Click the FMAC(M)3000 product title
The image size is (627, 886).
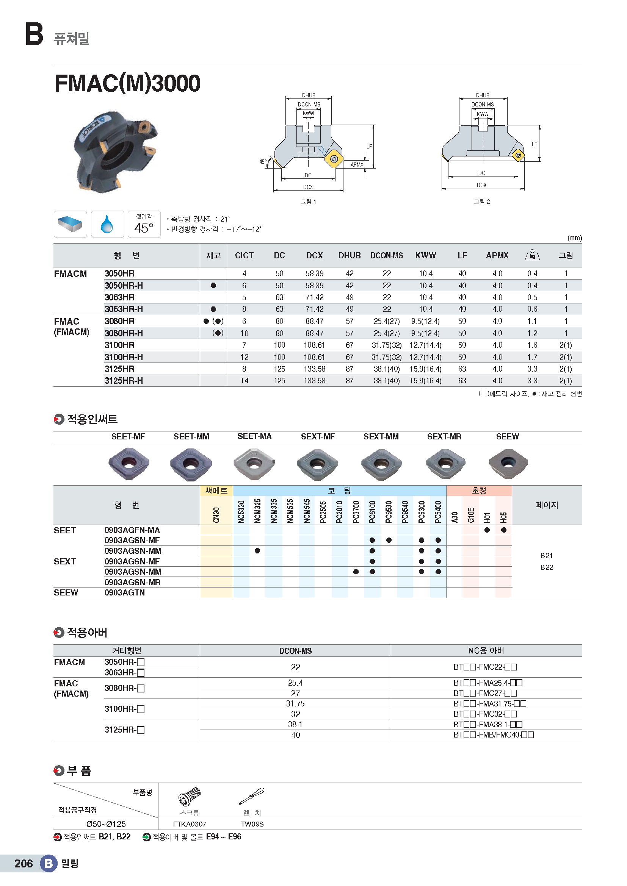click(x=127, y=83)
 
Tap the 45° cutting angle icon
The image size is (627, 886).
click(x=144, y=224)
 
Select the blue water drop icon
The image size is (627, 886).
click(x=107, y=224)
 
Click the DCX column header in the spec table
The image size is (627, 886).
click(x=314, y=255)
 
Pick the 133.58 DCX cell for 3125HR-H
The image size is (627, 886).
click(x=314, y=380)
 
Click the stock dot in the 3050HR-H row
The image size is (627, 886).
click(x=213, y=286)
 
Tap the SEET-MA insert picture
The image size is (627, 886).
click(x=254, y=463)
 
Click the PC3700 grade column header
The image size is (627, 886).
click(x=356, y=512)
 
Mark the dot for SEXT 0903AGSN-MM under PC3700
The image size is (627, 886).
click(x=356, y=572)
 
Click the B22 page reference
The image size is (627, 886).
click(x=546, y=567)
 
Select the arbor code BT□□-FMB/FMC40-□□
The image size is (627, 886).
click(x=493, y=735)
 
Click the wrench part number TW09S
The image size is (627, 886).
click(x=252, y=824)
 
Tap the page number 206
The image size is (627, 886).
click(x=24, y=863)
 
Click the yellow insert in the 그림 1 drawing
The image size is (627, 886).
click(x=334, y=159)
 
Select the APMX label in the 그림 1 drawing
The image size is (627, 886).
click(x=357, y=165)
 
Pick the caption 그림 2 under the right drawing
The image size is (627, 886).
click(x=482, y=202)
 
